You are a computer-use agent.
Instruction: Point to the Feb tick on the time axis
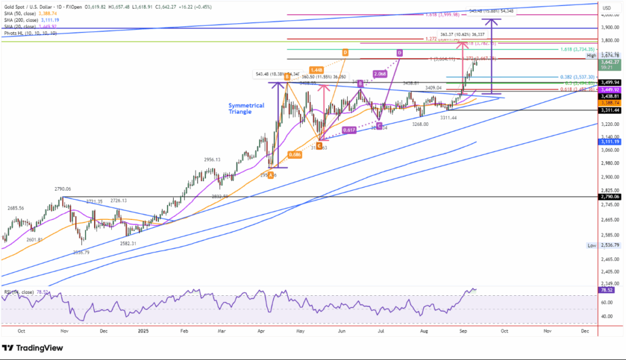183,331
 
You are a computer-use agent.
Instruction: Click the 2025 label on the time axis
143,331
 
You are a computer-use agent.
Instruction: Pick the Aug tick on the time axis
423,331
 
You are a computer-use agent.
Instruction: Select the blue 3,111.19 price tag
611,141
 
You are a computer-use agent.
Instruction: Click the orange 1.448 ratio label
316,70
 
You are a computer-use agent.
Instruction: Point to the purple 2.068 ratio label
378,73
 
